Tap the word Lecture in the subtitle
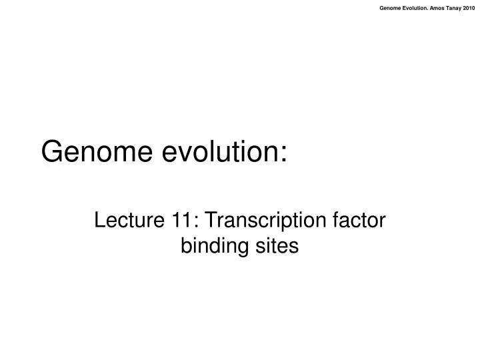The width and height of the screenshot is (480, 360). [x=123, y=219]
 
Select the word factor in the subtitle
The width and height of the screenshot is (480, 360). [x=361, y=219]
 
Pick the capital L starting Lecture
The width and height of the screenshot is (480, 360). [x=99, y=219]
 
